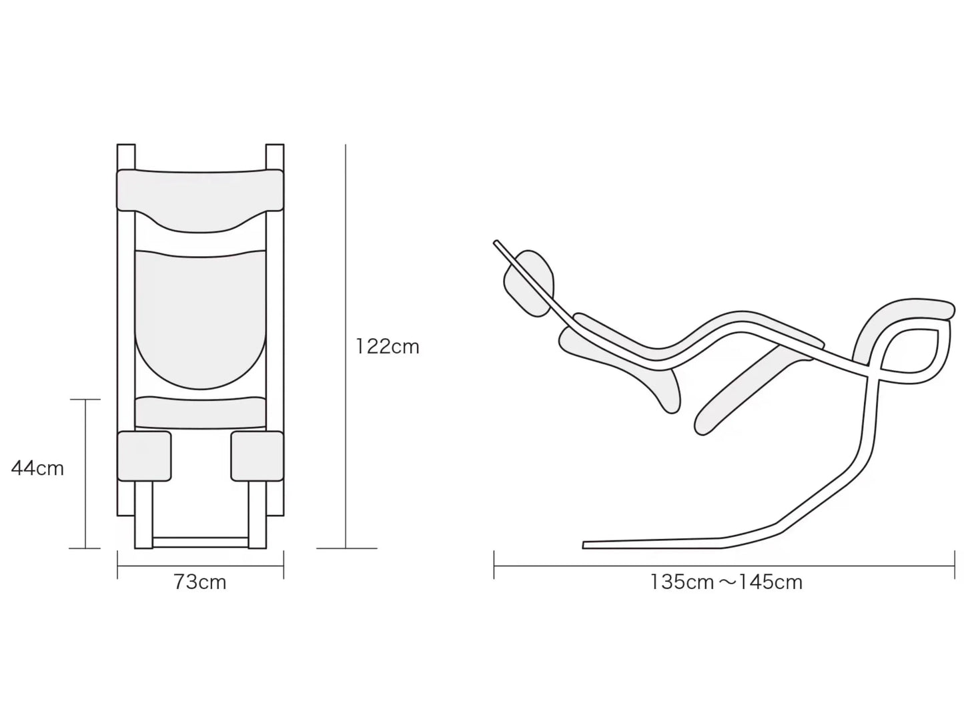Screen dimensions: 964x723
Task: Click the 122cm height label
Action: (388, 347)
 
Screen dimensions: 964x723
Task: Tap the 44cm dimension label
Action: (38, 468)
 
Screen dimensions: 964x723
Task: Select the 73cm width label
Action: (200, 582)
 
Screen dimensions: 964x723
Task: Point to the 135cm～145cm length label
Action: (726, 582)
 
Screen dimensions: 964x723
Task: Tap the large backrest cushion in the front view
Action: (200, 316)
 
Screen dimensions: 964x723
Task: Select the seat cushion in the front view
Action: (200, 413)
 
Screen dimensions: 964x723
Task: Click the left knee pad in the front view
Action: (144, 456)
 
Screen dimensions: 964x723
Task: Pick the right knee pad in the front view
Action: (258, 456)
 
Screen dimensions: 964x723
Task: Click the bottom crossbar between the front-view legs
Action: (200, 542)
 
